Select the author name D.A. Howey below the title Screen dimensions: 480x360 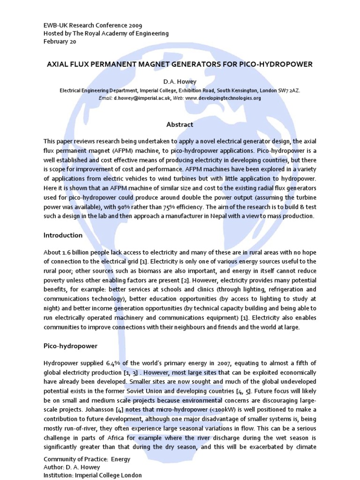coord(180,82)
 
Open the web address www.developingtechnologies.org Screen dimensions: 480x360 coord(223,98)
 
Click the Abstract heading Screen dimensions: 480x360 coord(180,125)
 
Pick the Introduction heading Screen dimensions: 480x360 coord(63,235)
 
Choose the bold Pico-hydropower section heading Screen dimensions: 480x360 coord(70,346)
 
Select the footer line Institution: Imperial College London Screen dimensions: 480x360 coord(92,475)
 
